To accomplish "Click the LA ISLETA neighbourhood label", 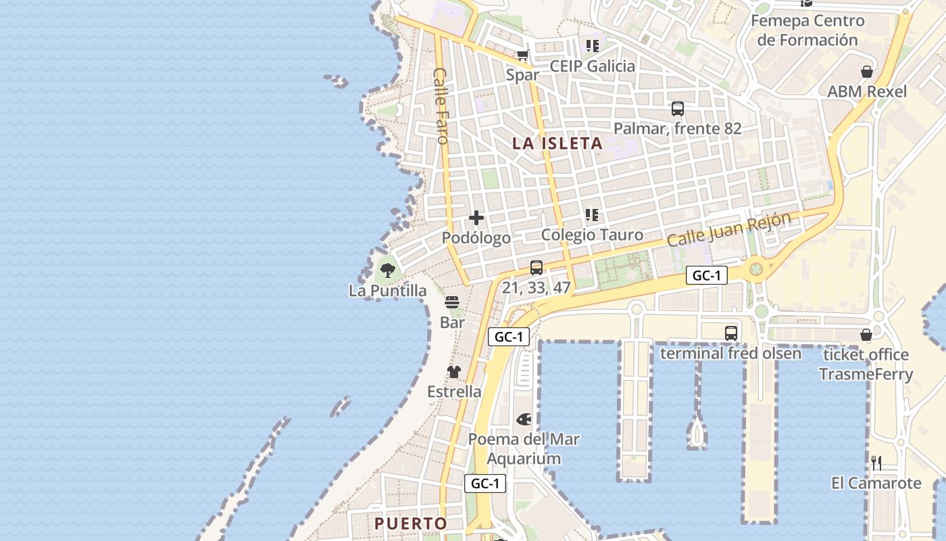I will click(557, 143).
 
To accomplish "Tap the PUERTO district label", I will click(411, 523).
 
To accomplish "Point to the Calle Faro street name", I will click(441, 105).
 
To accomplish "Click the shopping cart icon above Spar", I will click(522, 55).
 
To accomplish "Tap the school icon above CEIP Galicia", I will click(593, 46).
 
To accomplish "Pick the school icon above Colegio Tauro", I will click(592, 215).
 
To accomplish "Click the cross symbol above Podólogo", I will click(476, 218).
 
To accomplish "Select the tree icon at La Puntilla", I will click(388, 270).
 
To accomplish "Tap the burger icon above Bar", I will click(452, 302).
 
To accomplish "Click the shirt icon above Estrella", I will click(454, 371).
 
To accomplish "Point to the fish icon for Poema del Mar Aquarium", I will click(524, 419).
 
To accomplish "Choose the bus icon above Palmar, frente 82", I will click(677, 108).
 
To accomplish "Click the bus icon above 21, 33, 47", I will click(537, 267).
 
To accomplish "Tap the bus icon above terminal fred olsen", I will click(731, 333).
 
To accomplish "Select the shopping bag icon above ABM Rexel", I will click(867, 72).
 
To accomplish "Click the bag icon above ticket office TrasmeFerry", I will click(866, 335).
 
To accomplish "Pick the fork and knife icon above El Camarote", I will click(876, 463).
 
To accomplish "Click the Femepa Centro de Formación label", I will click(807, 30).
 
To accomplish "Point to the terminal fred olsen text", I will click(730, 354).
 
